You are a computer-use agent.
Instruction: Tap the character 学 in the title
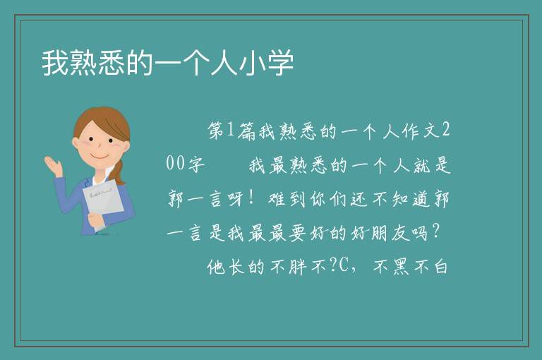(x=280, y=63)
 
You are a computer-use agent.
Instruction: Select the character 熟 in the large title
(x=84, y=63)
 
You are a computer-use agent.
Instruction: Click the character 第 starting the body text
(x=216, y=131)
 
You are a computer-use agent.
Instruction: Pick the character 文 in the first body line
(x=430, y=131)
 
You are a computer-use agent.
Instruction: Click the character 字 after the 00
(x=196, y=164)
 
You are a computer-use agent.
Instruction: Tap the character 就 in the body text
(x=422, y=165)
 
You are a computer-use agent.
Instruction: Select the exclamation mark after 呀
(x=251, y=198)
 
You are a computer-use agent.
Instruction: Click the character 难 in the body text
(x=277, y=199)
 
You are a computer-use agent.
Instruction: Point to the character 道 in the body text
(x=421, y=199)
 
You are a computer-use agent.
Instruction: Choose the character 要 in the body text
(x=297, y=233)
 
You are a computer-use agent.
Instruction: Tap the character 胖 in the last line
(x=298, y=267)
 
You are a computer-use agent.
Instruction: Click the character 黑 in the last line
(x=401, y=267)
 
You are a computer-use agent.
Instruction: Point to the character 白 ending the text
(x=440, y=267)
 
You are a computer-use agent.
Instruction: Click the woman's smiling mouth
(x=100, y=157)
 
